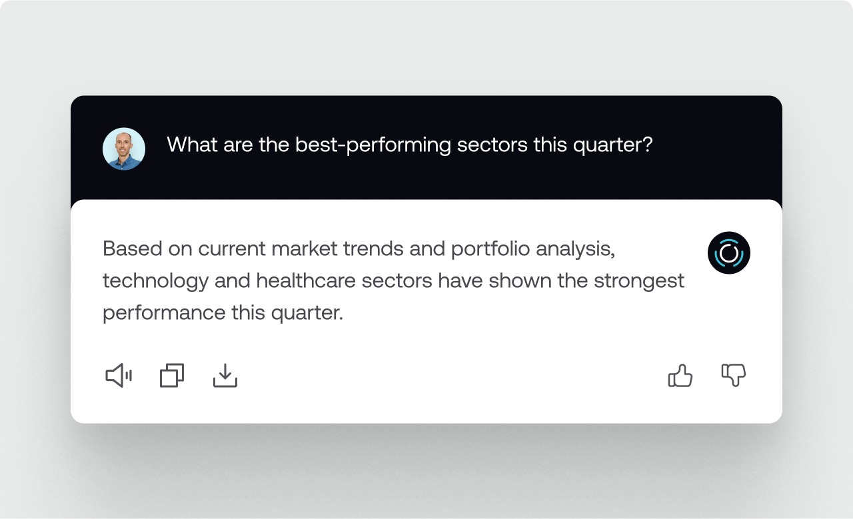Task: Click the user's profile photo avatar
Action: (x=124, y=149)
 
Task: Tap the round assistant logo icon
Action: (x=729, y=253)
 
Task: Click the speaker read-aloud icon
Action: (x=119, y=376)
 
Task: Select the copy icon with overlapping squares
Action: (x=172, y=376)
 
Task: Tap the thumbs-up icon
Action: (x=680, y=376)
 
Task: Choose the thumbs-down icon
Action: (x=734, y=376)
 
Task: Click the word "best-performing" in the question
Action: (x=373, y=145)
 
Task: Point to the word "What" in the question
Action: (x=192, y=145)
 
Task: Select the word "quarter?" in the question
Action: (x=612, y=145)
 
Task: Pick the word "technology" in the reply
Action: (x=156, y=281)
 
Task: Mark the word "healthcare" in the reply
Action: (x=306, y=280)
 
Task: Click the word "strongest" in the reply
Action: (x=639, y=281)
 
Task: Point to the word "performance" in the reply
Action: (x=164, y=313)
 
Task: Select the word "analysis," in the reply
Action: (x=575, y=249)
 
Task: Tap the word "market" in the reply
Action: (x=305, y=249)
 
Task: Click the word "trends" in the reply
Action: (x=373, y=249)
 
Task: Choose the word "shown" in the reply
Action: (x=520, y=280)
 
